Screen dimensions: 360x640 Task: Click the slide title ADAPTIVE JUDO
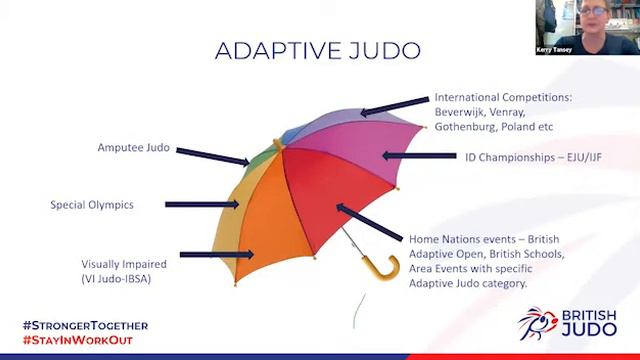click(x=319, y=50)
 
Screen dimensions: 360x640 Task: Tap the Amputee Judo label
click(x=134, y=147)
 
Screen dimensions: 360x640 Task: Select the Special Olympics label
click(x=92, y=205)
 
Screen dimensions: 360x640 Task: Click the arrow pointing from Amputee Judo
click(x=212, y=154)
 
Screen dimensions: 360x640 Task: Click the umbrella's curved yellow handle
click(x=376, y=269)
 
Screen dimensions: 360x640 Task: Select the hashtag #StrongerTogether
click(x=85, y=326)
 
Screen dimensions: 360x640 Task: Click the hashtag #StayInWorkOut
click(x=77, y=340)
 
